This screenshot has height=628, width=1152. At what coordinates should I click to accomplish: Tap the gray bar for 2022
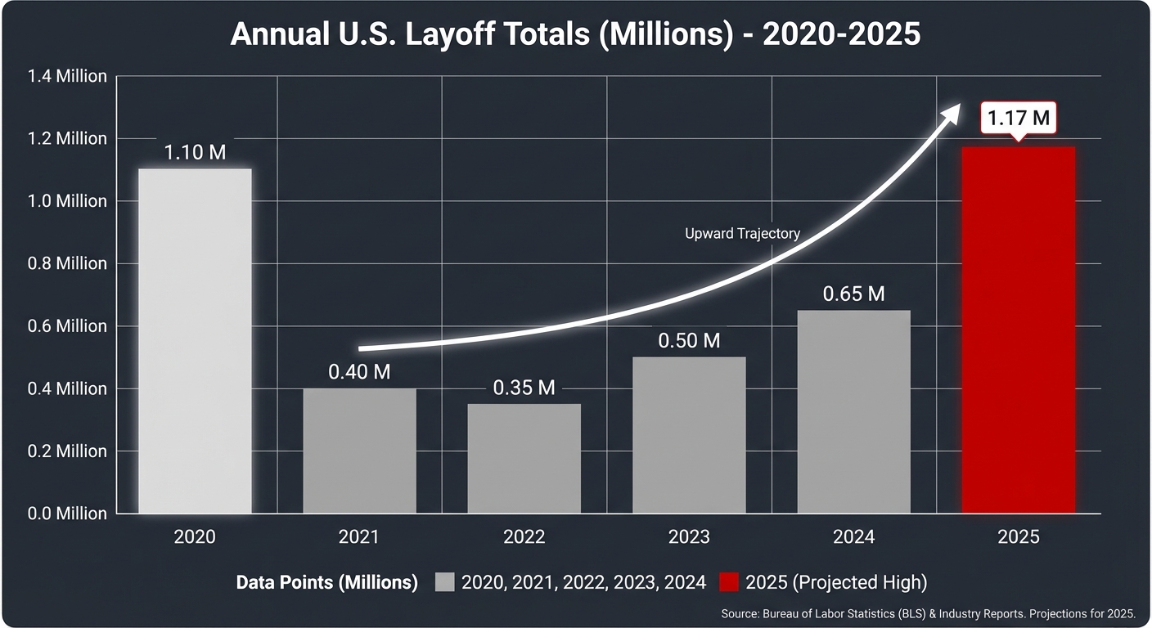[524, 459]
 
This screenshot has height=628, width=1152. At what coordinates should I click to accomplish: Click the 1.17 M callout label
[1018, 119]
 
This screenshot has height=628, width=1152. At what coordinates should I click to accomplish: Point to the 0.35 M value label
[524, 388]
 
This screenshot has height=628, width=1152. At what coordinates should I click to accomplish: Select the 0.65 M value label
[853, 294]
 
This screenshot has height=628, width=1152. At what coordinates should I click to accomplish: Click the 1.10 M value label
[195, 152]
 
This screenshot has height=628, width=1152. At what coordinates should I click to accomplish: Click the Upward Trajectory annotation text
[742, 234]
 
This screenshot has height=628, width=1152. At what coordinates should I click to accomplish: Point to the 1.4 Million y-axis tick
[67, 76]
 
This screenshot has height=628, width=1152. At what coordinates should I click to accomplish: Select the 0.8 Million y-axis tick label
[67, 263]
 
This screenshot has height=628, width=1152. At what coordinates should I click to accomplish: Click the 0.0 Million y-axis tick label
[67, 514]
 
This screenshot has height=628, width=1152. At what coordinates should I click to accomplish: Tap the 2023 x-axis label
[688, 537]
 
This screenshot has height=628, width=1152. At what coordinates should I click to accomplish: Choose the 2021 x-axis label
[358, 537]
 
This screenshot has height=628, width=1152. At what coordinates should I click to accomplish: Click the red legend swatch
[729, 582]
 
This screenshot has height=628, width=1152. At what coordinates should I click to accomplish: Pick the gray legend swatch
[444, 582]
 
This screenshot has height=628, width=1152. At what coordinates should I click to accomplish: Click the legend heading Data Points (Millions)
[326, 582]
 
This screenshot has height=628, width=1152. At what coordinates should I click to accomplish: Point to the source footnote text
[928, 613]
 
